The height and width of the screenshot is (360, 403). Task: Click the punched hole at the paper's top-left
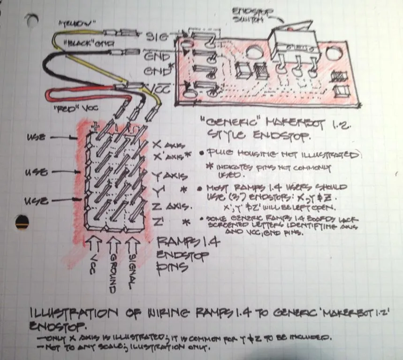pyautogui.click(x=31, y=19)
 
